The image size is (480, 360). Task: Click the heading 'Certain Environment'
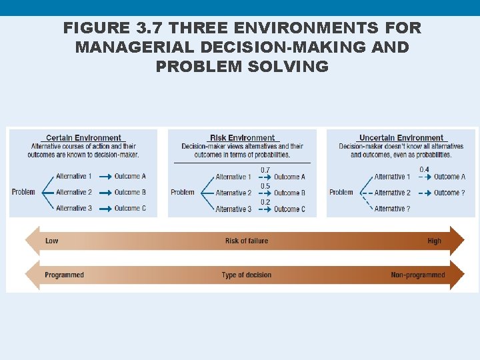click(83, 138)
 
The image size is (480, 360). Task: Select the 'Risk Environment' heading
click(242, 138)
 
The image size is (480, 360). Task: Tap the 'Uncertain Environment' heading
click(401, 138)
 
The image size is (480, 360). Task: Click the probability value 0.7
click(265, 170)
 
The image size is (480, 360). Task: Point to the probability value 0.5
click(265, 186)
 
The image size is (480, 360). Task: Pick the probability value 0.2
click(265, 202)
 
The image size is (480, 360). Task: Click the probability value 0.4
click(424, 169)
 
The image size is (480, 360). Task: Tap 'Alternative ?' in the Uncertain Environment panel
click(392, 209)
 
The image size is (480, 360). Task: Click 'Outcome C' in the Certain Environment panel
click(130, 208)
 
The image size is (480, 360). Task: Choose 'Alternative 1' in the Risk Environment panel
click(233, 177)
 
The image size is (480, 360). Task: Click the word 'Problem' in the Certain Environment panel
click(23, 192)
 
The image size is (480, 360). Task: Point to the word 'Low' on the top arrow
click(51, 241)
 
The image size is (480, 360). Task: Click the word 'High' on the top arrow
click(434, 241)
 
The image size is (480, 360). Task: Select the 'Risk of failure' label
click(246, 241)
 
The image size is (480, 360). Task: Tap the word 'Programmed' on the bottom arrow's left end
click(64, 275)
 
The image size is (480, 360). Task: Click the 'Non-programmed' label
click(417, 275)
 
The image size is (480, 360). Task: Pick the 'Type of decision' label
click(246, 275)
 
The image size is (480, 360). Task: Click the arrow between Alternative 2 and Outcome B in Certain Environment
click(104, 192)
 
